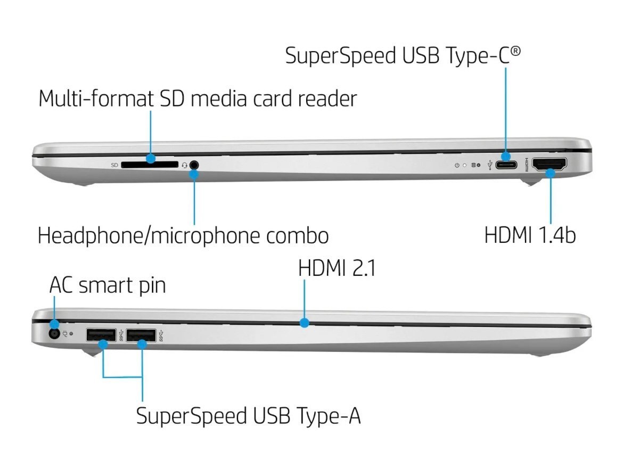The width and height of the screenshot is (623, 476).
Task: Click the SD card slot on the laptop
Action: point(150,165)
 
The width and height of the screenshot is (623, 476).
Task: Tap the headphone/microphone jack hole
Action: point(194,165)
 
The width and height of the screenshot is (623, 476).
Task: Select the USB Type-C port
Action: point(506,164)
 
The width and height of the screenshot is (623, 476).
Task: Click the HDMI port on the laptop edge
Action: point(549,164)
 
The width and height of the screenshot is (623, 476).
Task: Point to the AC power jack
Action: point(54,333)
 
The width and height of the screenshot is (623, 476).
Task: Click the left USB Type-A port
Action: point(101,335)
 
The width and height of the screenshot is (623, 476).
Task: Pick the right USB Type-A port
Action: point(141,335)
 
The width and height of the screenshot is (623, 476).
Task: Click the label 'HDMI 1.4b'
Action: point(530,235)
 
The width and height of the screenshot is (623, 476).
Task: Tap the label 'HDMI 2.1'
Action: point(337,268)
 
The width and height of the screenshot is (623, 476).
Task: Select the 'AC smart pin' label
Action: point(107,286)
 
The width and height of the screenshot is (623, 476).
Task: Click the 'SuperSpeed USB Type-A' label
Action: point(248,416)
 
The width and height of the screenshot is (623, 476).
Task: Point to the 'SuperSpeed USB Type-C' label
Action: point(403,55)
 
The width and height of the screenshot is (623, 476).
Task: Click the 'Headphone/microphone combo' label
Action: point(183,236)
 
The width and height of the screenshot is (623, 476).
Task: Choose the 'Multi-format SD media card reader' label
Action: point(198,99)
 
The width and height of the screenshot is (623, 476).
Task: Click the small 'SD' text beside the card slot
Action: point(114,165)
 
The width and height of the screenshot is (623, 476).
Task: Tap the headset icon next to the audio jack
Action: point(184,165)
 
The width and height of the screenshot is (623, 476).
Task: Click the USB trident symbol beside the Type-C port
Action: point(490,165)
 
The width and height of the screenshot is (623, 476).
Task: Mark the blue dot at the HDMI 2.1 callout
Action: point(305,323)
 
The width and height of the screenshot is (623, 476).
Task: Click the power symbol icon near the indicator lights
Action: point(457,165)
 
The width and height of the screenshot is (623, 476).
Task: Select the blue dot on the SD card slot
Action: point(150,158)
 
